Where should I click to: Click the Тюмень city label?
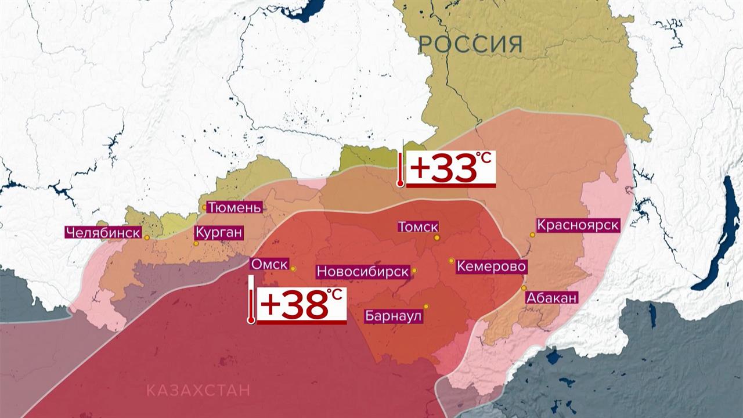(x=235, y=207)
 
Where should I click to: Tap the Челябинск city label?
(x=103, y=233)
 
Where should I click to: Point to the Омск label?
(x=269, y=264)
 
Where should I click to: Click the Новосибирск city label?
(x=362, y=271)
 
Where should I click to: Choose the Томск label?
(x=418, y=227)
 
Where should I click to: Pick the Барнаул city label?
(x=393, y=316)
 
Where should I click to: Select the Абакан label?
(x=551, y=298)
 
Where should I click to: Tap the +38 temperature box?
(x=302, y=305)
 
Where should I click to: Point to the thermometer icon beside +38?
(x=251, y=300)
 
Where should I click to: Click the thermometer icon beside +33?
(x=400, y=168)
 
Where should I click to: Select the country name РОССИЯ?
(x=470, y=44)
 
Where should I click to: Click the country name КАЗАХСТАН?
(x=198, y=390)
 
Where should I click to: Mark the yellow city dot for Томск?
(x=437, y=237)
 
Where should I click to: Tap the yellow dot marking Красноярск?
(x=532, y=235)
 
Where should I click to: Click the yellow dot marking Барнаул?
(x=426, y=307)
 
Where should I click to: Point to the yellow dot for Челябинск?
(x=147, y=237)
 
